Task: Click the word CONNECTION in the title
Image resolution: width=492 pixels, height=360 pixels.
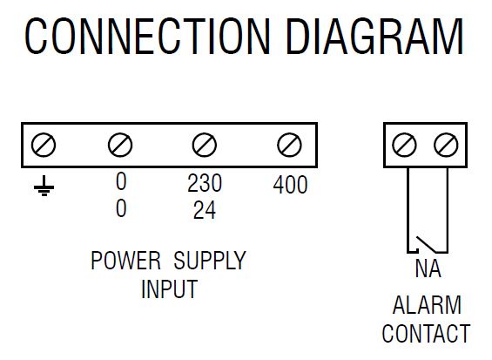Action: point(147,37)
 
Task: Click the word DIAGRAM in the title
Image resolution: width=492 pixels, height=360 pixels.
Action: point(374,37)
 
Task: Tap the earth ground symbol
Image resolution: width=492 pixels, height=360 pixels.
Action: point(44,186)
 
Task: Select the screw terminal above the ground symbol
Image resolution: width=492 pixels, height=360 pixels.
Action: point(44,145)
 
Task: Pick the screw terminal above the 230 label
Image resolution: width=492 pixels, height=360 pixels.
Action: point(205,145)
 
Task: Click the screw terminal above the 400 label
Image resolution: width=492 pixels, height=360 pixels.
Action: point(289,145)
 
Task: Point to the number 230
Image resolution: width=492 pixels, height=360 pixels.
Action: point(205,183)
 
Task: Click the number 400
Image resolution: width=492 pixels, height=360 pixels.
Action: point(290,185)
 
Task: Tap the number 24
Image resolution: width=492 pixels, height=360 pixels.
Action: point(205,210)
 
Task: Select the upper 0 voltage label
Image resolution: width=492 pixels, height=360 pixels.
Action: point(121,181)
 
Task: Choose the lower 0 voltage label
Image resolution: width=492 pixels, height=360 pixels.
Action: point(121,208)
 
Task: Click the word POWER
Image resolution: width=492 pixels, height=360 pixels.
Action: point(125,261)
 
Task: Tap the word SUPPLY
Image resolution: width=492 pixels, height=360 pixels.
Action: point(210,261)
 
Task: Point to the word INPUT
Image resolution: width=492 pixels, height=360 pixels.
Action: point(169,289)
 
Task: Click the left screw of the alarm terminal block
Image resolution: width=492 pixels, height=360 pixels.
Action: point(404,145)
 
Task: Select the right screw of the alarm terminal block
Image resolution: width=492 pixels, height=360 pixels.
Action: point(446,145)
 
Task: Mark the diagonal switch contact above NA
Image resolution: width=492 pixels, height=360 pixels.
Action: point(426,244)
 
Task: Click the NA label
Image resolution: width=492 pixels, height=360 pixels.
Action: point(428,268)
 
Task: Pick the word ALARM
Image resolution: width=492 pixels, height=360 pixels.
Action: point(427,304)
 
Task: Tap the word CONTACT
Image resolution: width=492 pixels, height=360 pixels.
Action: point(426,333)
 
